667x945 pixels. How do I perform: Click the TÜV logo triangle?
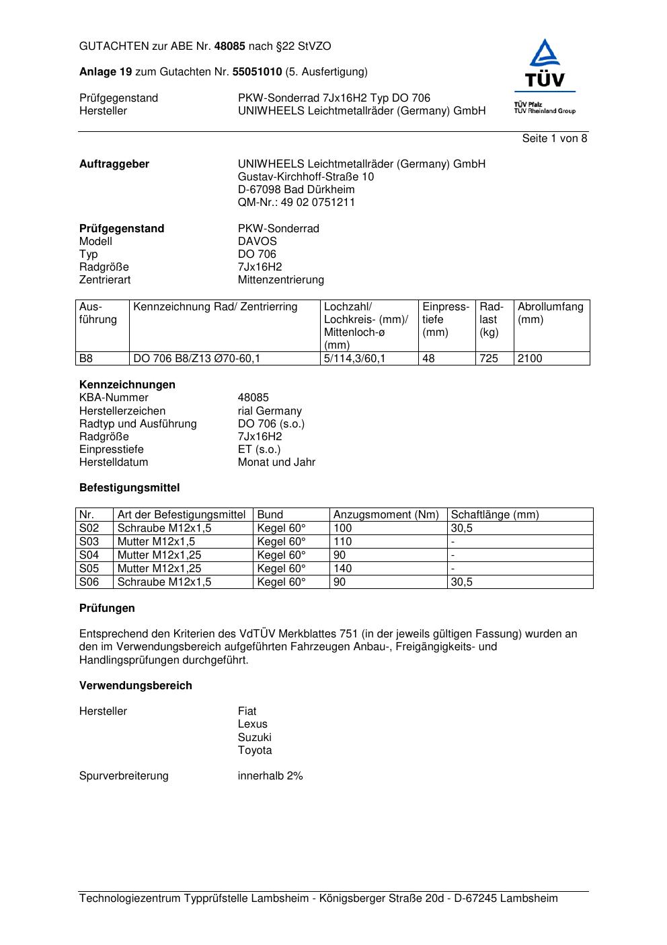[545, 54]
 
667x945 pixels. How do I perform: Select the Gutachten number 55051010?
[257, 71]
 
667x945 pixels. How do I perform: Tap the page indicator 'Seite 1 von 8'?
[554, 139]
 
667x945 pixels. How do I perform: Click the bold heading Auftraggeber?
[114, 164]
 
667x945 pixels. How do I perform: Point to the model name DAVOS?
[257, 241]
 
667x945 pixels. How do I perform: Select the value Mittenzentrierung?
[280, 279]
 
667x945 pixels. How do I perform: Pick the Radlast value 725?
[489, 359]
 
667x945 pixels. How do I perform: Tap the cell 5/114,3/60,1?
[354, 359]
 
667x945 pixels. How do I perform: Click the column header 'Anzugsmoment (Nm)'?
[386, 515]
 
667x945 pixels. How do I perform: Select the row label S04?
[89, 555]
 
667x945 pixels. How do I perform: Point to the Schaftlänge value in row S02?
[461, 528]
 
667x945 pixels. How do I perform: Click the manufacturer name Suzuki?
[254, 737]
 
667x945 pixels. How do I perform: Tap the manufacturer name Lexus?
[252, 724]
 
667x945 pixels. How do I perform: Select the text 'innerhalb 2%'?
[270, 776]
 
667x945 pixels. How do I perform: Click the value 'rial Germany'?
[270, 411]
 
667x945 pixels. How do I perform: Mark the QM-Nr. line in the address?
[296, 203]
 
